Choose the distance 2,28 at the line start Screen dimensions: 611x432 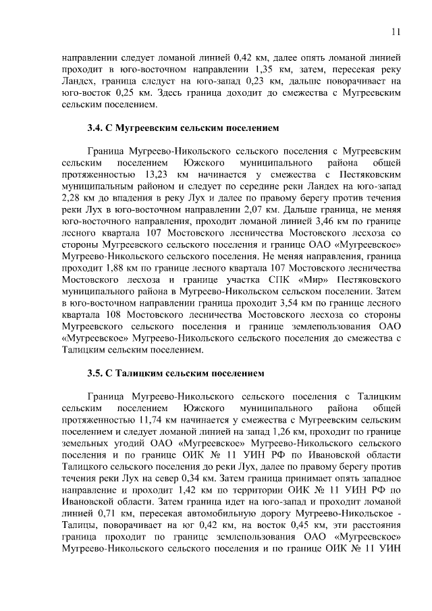coord(71,200)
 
